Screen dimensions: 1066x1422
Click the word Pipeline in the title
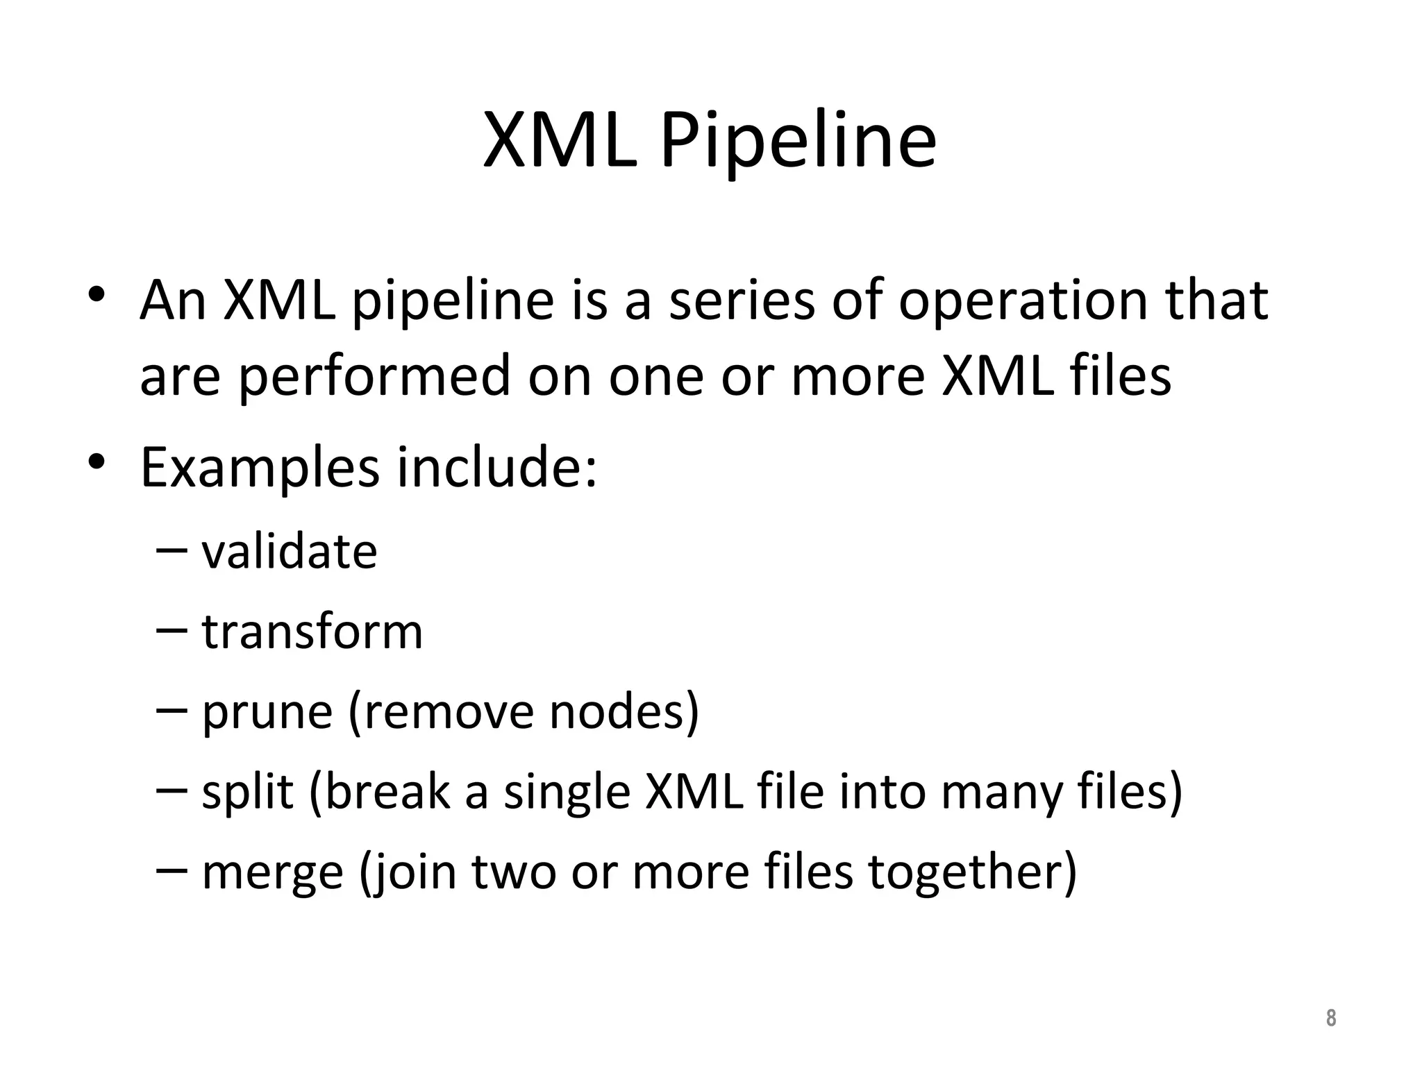[x=798, y=142]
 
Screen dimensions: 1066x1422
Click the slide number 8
[x=1330, y=1018]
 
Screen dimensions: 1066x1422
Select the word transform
[x=312, y=632]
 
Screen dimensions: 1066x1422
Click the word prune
[x=267, y=713]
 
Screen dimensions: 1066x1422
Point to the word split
[x=247, y=792]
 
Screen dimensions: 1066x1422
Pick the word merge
[x=272, y=872]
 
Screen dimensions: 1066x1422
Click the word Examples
[x=260, y=468]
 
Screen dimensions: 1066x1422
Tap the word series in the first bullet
[x=741, y=301]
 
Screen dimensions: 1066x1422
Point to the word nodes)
[x=624, y=713]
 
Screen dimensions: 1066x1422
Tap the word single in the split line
[x=566, y=793]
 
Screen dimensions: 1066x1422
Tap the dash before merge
[x=172, y=870]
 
